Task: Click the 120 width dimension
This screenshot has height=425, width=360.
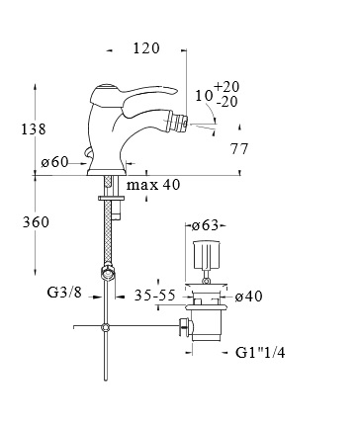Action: pos(146,48)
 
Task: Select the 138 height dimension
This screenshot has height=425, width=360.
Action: pos(34,128)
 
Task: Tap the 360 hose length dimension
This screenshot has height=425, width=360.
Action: pos(36,221)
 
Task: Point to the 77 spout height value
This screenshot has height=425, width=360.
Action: pos(239,149)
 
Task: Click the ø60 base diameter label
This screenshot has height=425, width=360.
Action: pos(54,162)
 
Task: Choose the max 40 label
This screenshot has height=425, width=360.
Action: pos(153,185)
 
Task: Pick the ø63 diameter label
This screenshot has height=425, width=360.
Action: pos(206,225)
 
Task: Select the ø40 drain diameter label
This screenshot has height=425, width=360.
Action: pos(249,297)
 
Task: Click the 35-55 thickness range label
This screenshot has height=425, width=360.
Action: pos(154,296)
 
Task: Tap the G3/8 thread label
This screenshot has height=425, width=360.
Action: pos(64,292)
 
